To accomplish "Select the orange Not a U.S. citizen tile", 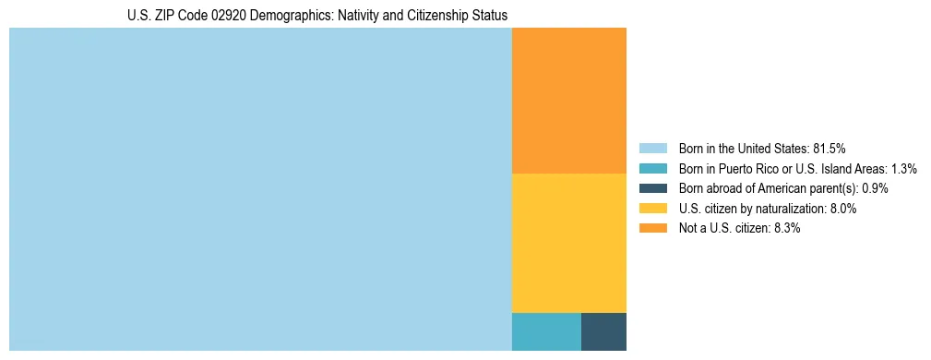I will tap(568, 101).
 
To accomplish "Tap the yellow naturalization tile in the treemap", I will tap(568, 243).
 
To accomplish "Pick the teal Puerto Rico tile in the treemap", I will tap(546, 331).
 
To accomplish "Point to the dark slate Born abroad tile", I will tap(603, 331).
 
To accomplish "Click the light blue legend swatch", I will tap(652, 148).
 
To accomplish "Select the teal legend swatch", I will tap(652, 168).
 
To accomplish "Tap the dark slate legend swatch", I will tap(652, 188).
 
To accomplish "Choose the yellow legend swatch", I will tap(652, 209).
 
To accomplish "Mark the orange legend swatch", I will tap(652, 228).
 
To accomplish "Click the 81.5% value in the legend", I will tap(829, 148).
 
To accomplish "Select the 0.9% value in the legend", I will tap(875, 188).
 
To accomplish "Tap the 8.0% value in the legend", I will tap(843, 209).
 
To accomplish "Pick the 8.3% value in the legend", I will tap(786, 228).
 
